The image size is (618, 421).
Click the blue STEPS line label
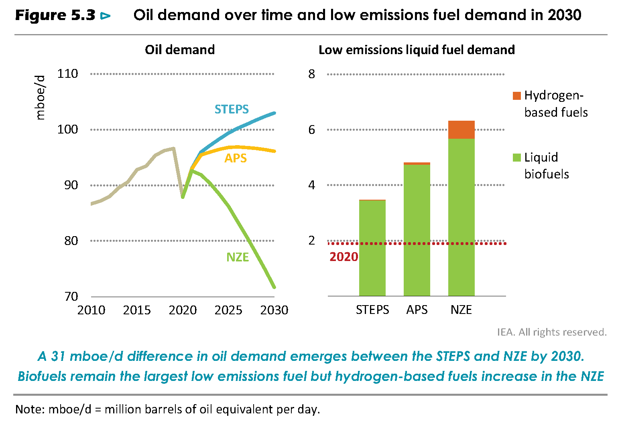point(232,109)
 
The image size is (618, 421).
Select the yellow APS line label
point(236,158)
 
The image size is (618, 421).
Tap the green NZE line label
point(238,257)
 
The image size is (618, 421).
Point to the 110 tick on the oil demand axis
point(67,74)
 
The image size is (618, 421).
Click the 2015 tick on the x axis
point(137,310)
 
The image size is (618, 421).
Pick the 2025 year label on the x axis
point(228,310)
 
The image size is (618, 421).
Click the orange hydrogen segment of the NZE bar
point(461,130)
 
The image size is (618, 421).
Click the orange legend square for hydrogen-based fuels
point(516,96)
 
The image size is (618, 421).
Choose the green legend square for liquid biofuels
point(516,158)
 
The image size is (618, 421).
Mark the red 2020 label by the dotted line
point(344,257)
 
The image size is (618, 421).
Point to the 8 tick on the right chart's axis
point(312,74)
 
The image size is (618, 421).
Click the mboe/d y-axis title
point(40,97)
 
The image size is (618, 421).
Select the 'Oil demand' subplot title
point(180,50)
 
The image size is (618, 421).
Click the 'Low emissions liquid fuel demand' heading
point(417,50)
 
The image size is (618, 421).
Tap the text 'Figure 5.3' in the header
point(55,15)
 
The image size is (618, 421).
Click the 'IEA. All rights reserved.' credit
point(551,332)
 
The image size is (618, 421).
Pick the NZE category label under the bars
point(461,310)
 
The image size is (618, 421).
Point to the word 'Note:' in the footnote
point(30,409)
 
